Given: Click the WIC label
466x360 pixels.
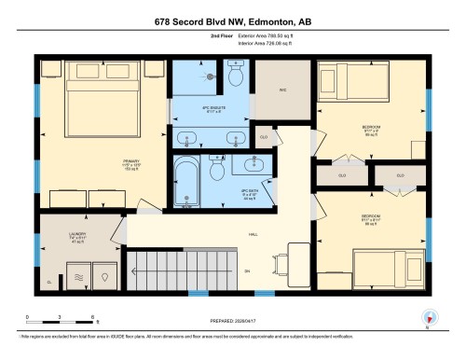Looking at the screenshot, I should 283,90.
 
